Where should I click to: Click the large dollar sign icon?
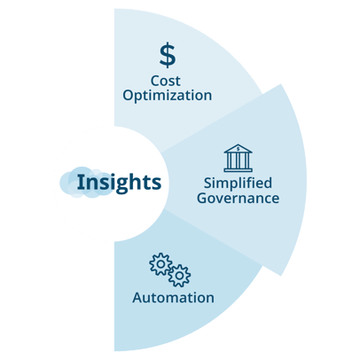pyautogui.click(x=168, y=55)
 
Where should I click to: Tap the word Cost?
pyautogui.click(x=166, y=81)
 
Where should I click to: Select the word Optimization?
pyautogui.click(x=168, y=96)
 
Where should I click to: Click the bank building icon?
pyautogui.click(x=238, y=158)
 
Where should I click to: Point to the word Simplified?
pyautogui.click(x=238, y=184)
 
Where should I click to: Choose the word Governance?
pyautogui.click(x=238, y=198)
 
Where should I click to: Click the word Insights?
pyautogui.click(x=119, y=183)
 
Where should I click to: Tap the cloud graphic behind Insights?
pyautogui.click(x=86, y=183)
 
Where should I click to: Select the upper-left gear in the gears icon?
pyautogui.click(x=160, y=264)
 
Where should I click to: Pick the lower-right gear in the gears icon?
pyautogui.click(x=179, y=276)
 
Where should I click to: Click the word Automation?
pyautogui.click(x=173, y=298)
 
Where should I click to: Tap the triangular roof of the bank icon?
pyautogui.click(x=238, y=149)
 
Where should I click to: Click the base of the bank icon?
pyautogui.click(x=238, y=169)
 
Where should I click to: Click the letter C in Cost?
pyautogui.click(x=155, y=81)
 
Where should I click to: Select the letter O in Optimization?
pyautogui.click(x=129, y=95)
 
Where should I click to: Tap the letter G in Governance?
pyautogui.click(x=202, y=198)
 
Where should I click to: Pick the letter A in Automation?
pyautogui.click(x=137, y=298)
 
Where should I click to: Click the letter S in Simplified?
pyautogui.click(x=208, y=183)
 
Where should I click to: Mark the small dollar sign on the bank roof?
pyautogui.click(x=238, y=149)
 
